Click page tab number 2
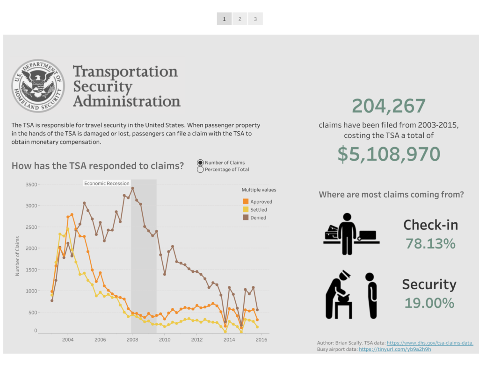click(x=239, y=19)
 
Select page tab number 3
click(x=255, y=19)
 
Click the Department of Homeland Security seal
click(x=38, y=85)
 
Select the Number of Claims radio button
click(x=201, y=163)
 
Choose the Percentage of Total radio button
click(x=201, y=170)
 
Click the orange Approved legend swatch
click(x=246, y=201)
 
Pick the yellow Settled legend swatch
click(x=246, y=209)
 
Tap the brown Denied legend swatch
click(x=246, y=217)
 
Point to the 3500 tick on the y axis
click(x=31, y=185)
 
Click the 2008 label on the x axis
click(x=132, y=340)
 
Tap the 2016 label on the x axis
click(x=261, y=340)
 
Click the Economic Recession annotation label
click(x=107, y=184)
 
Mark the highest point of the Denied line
click(x=132, y=188)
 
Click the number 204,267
click(x=389, y=106)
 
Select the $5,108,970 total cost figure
click(x=389, y=154)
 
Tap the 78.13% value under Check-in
click(x=430, y=243)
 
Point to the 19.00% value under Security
click(x=429, y=303)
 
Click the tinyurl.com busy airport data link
click(x=395, y=349)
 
